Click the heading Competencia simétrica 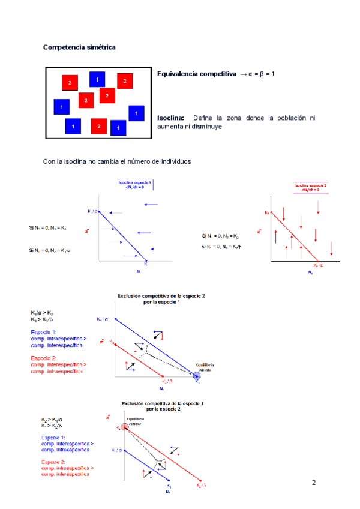tap(79, 47)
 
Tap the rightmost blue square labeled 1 tap(137, 113)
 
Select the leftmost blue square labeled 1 tap(61, 107)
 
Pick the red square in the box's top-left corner tap(70, 82)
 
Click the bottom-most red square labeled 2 tap(99, 126)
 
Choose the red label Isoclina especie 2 tap(311, 186)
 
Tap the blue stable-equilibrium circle tap(198, 377)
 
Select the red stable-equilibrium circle tap(124, 427)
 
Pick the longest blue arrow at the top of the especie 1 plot tap(151, 205)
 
